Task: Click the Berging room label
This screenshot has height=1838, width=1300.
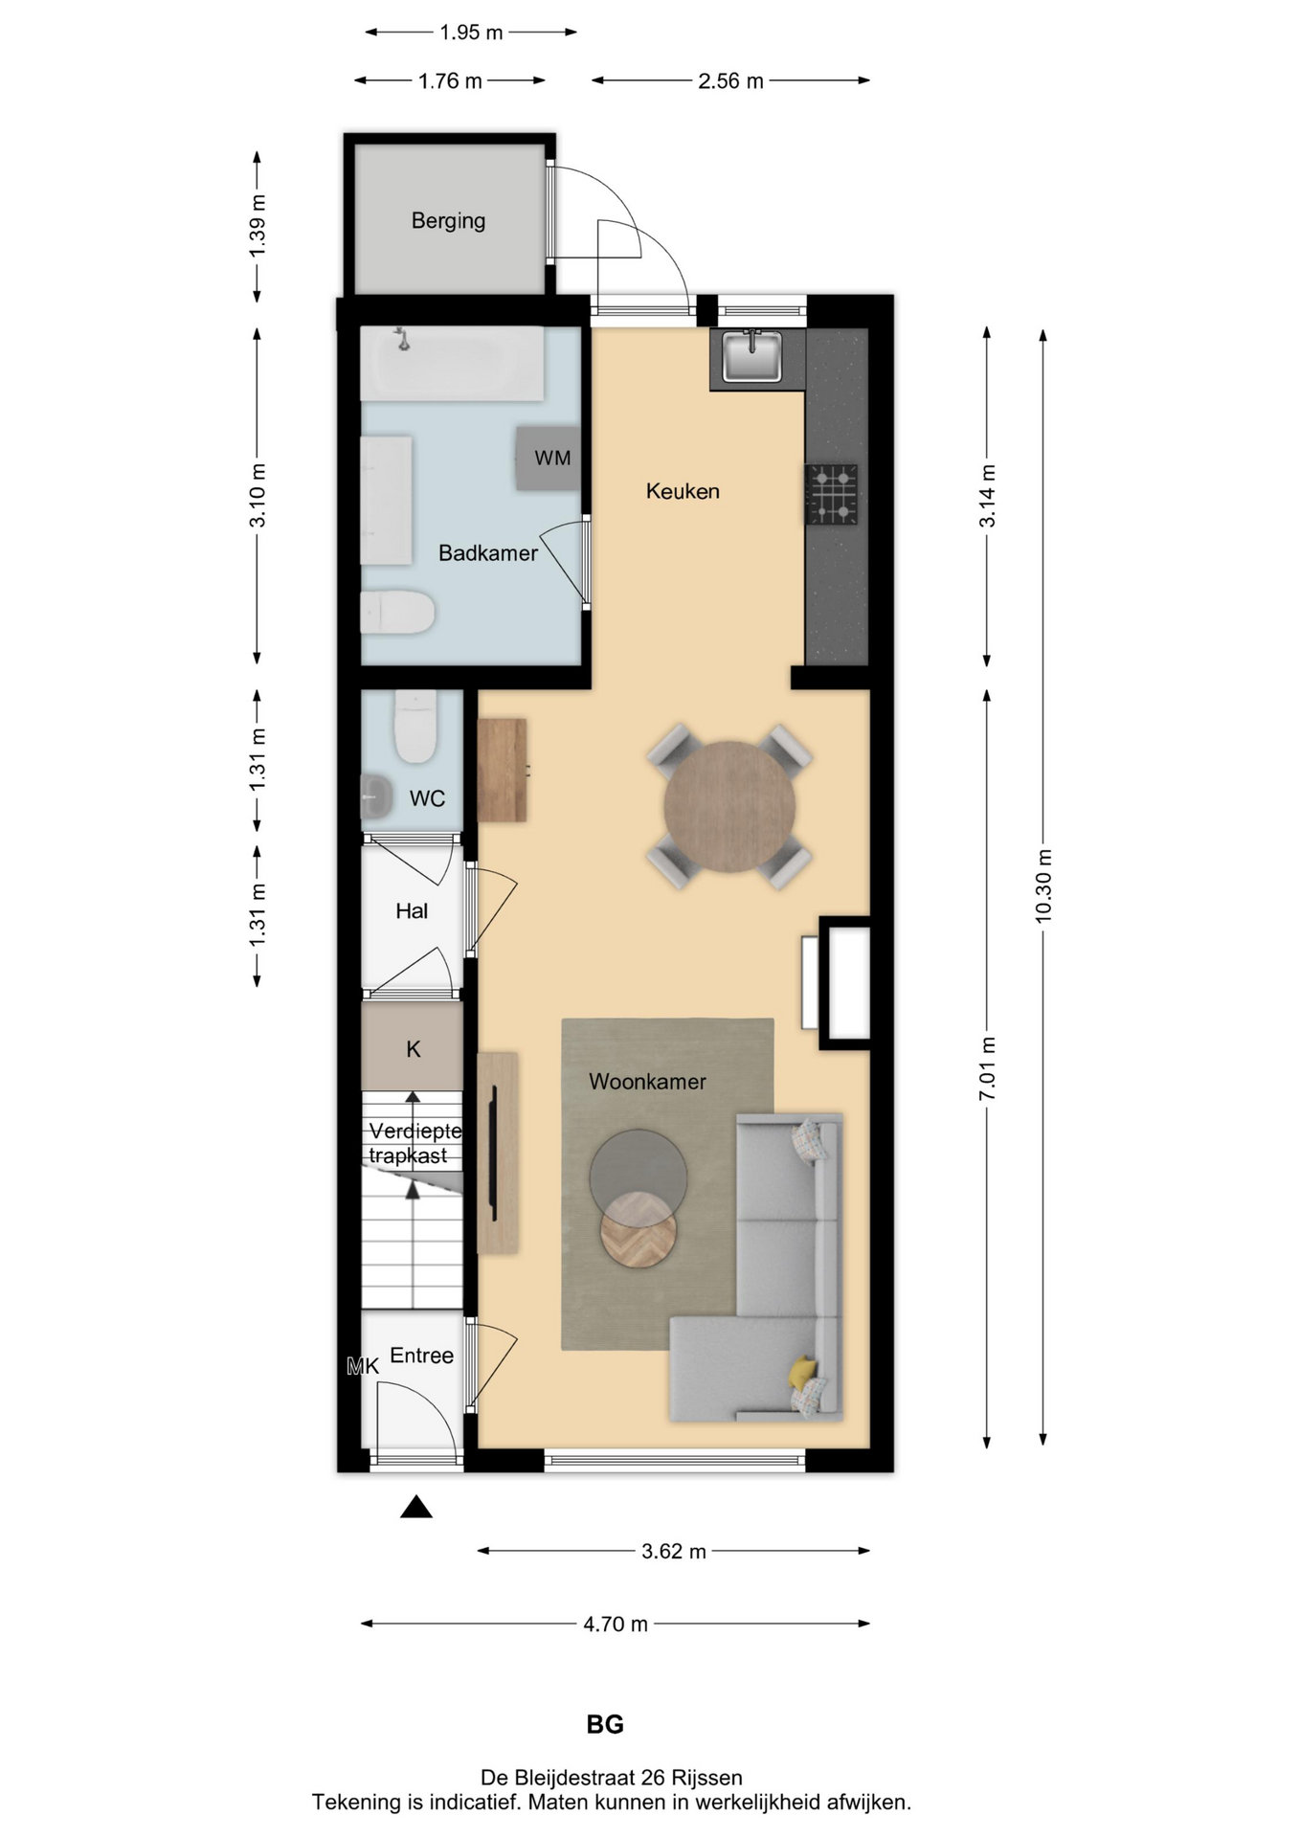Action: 448,221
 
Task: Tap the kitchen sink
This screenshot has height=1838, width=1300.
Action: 751,356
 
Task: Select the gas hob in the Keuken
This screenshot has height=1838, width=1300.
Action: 831,494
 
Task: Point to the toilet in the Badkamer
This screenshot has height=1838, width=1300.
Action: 397,612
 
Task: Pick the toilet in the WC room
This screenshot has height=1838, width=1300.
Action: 415,727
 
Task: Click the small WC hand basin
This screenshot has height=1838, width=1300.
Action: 375,796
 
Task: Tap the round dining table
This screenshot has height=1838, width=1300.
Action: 729,806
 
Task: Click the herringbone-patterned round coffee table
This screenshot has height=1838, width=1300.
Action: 639,1229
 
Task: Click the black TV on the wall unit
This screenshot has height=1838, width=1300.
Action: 494,1154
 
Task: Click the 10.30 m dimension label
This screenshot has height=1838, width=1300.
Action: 1043,885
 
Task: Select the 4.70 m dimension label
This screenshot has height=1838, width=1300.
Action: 616,1625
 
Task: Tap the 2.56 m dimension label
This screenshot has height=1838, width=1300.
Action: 730,81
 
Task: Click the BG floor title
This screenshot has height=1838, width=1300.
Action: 605,1725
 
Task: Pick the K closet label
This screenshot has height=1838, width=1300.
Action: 414,1049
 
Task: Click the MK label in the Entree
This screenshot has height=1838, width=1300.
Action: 363,1366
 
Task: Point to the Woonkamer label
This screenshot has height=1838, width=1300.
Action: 647,1082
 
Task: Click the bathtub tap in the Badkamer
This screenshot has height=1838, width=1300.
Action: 403,338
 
